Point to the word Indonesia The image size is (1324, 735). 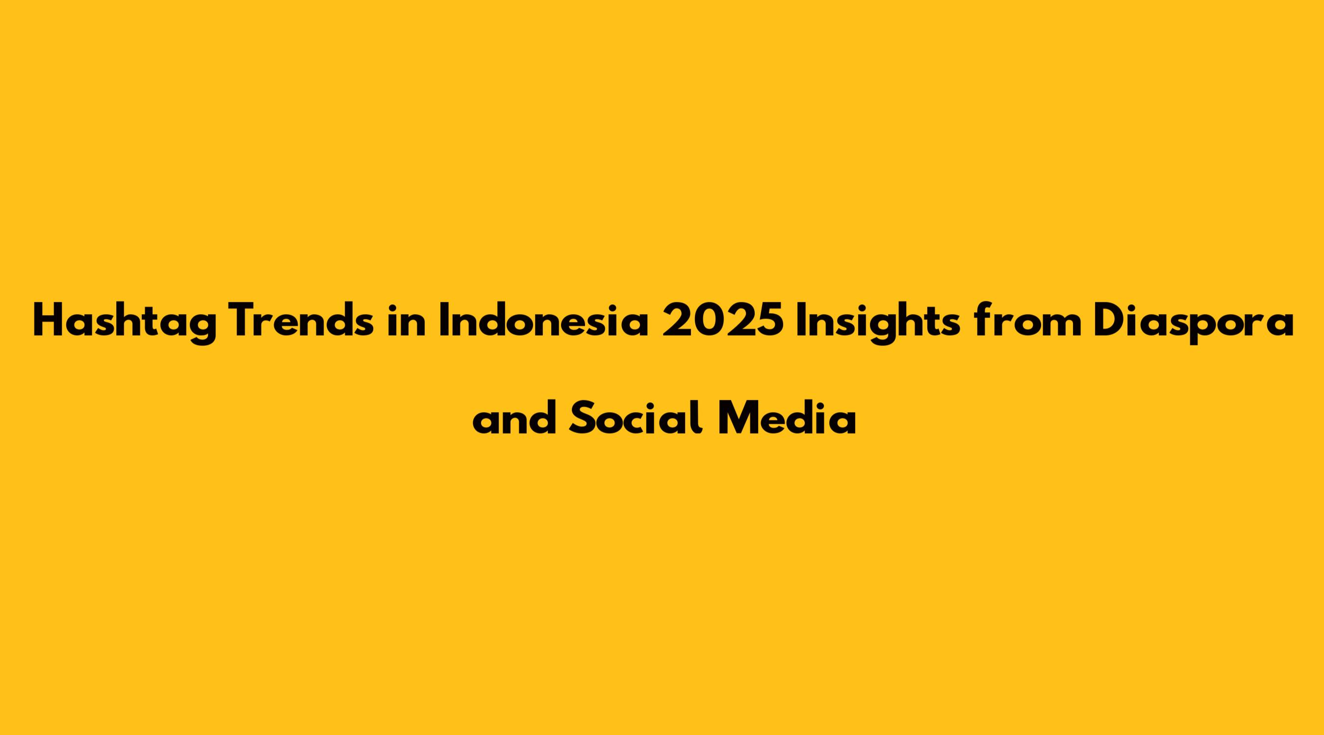[544, 320]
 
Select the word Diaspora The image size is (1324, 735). [1194, 323]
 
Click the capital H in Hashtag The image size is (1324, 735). [49, 320]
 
